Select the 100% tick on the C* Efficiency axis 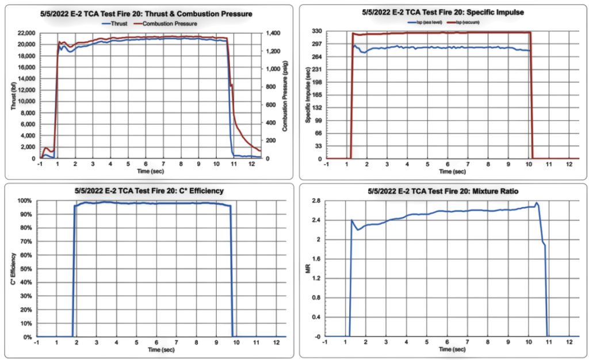25,201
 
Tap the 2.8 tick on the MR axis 315,201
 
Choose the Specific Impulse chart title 443,11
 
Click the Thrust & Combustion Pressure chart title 151,13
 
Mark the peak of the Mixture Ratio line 537,203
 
